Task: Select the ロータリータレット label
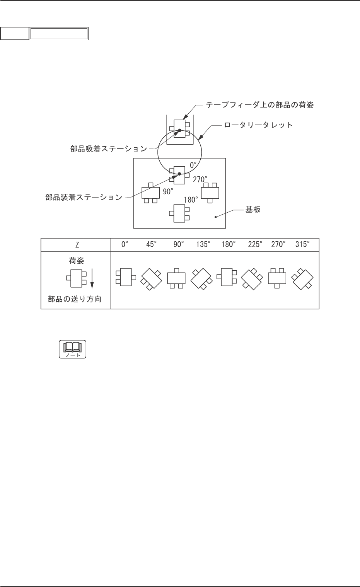point(259,125)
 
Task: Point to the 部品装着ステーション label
point(84,197)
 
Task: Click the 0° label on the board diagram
point(193,165)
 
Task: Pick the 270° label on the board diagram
point(200,179)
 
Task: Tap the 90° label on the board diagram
point(167,191)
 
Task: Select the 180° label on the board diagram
point(191,200)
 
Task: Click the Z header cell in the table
point(75,245)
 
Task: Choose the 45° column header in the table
point(152,245)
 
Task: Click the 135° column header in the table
point(203,245)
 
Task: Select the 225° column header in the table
point(255,245)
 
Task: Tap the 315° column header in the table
point(302,245)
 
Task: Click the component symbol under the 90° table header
point(176,278)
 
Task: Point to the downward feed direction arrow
point(92,279)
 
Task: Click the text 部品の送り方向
point(75,299)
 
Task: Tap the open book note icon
point(72,349)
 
